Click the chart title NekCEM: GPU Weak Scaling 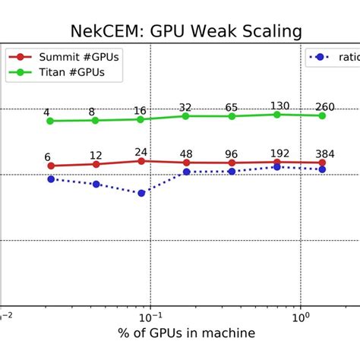(186, 31)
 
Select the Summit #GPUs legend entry (64, 57)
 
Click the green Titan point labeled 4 (50, 121)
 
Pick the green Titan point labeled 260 (322, 115)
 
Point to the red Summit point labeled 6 (51, 166)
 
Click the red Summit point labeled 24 (141, 161)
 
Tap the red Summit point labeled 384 (322, 163)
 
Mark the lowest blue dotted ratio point (141, 193)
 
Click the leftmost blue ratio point (51, 179)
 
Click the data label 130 (279, 106)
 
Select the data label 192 (279, 153)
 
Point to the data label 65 (232, 107)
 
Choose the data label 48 (186, 153)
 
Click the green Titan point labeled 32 (186, 116)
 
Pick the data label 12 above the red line (96, 155)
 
